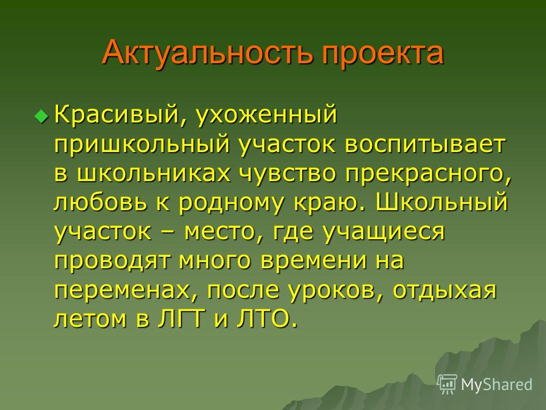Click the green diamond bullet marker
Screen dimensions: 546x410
[42, 116]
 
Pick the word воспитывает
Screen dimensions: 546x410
[424, 144]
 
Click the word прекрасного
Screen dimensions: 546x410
[428, 175]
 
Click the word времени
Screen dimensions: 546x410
[313, 260]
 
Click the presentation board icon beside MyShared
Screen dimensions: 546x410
[447, 384]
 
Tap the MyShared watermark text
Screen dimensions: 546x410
[497, 384]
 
